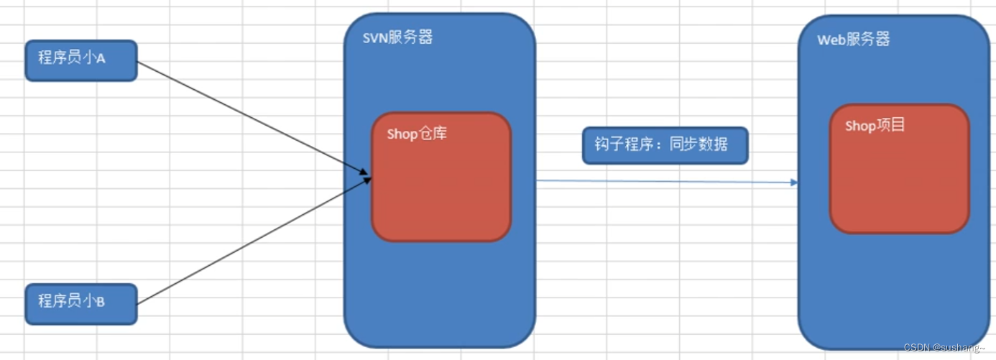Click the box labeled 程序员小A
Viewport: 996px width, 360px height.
click(80, 60)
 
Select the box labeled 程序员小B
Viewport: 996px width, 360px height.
click(80, 303)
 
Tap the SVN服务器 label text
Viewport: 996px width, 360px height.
click(397, 38)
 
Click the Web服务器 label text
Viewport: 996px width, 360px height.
click(854, 40)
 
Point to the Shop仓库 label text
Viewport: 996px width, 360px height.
click(417, 134)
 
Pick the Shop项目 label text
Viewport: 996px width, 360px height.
click(875, 126)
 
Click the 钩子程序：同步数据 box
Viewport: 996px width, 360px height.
click(665, 146)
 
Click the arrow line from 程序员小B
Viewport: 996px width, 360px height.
click(252, 241)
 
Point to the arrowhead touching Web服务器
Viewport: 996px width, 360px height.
click(794, 183)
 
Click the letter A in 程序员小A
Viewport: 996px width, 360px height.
click(101, 59)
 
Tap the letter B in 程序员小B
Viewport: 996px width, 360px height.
click(101, 302)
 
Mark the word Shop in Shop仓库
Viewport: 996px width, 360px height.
click(402, 134)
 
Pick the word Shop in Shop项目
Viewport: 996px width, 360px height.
click(860, 126)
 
